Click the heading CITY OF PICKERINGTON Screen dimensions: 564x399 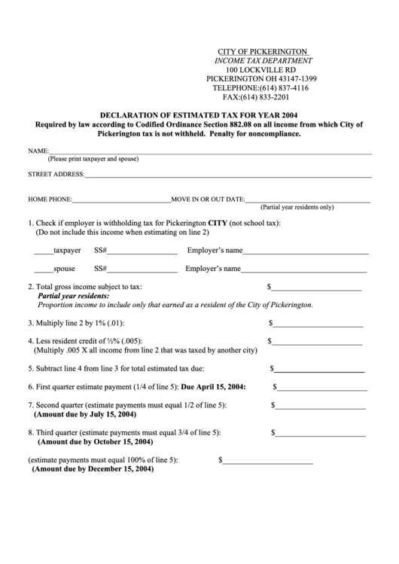260,50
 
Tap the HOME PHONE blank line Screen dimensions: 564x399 121,200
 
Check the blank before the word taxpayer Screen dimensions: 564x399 43,252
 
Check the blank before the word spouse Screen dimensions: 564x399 43,270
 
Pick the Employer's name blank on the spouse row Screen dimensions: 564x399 304,270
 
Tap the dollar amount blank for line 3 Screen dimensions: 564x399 318,325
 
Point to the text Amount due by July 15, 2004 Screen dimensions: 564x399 84,415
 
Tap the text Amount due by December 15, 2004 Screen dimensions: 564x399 93,469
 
